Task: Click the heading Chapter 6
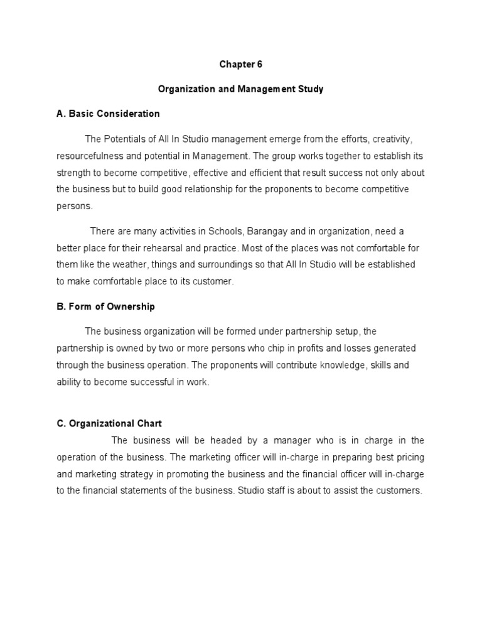[240, 65]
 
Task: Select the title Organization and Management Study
[240, 89]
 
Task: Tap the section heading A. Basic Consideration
[108, 114]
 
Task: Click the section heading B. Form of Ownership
[105, 306]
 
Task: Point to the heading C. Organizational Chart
[109, 423]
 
